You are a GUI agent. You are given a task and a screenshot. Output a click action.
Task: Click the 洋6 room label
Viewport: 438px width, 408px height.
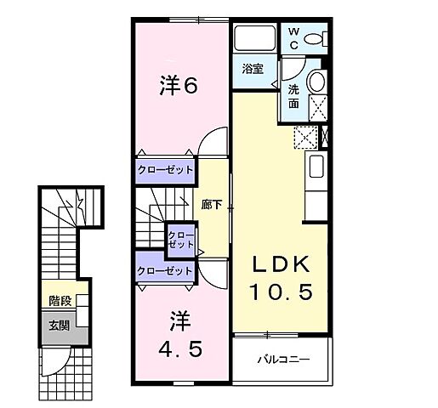(179, 85)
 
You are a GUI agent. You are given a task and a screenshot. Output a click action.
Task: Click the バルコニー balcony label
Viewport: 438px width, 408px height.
(283, 358)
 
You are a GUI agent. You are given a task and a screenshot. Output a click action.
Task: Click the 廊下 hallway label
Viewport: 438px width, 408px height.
(212, 204)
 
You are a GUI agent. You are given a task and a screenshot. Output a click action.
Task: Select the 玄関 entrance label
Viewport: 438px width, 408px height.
(60, 324)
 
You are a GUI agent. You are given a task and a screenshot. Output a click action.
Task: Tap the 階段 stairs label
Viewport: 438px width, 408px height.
(60, 300)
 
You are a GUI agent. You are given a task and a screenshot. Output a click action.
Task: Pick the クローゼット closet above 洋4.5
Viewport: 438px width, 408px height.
(165, 270)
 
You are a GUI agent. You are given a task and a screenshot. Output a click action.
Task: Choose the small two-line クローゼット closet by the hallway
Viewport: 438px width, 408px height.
(179, 240)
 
